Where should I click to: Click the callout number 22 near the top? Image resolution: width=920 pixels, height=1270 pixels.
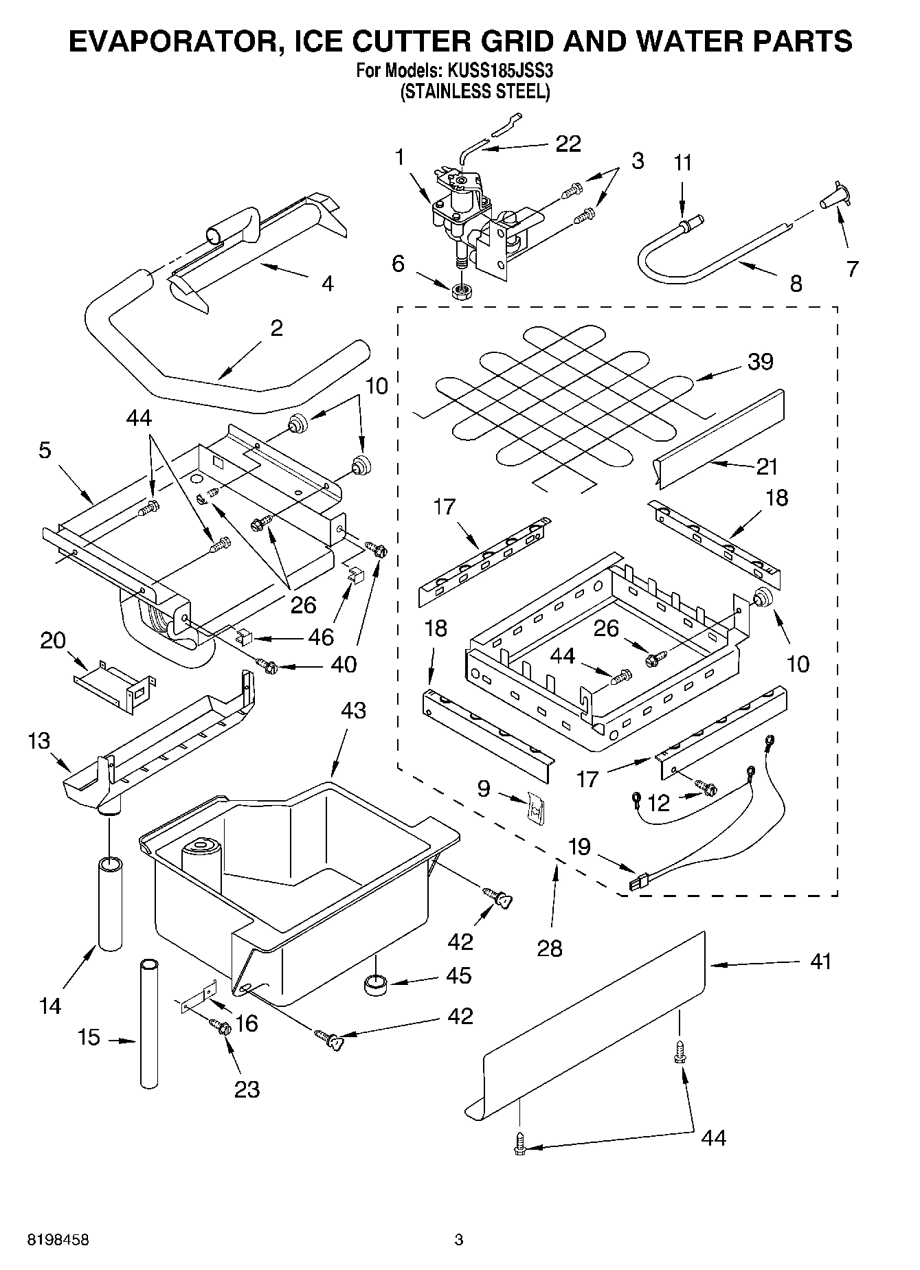point(568,144)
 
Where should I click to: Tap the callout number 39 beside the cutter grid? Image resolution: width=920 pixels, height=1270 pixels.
point(760,361)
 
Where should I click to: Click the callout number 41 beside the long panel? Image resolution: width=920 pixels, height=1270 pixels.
point(820,961)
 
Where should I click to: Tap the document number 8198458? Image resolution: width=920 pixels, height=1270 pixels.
point(58,1240)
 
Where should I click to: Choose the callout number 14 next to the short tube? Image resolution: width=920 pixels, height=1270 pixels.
point(50,1007)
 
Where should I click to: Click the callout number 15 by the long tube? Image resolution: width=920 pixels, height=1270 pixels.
point(89,1037)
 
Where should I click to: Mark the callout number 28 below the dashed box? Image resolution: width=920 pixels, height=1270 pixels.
point(550,948)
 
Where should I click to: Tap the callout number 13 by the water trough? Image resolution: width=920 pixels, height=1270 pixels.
point(39,740)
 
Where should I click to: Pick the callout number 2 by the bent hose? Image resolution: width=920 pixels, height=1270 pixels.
point(276,328)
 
